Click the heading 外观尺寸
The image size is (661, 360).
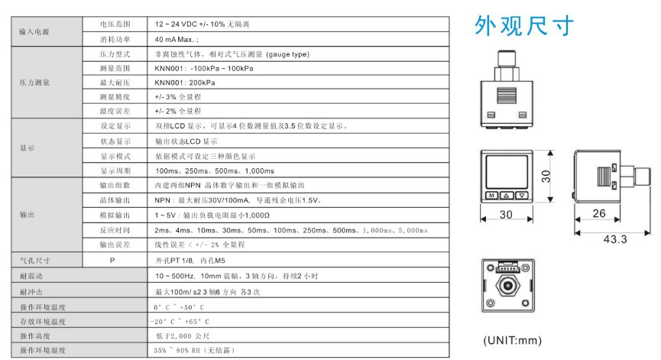pyautogui.click(x=524, y=26)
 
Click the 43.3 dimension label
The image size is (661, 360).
pyautogui.click(x=615, y=239)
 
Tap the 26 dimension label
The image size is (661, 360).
pyautogui.click(x=598, y=213)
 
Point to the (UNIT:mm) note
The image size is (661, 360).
pyautogui.click(x=512, y=340)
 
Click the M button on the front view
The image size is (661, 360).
pyautogui.click(x=492, y=195)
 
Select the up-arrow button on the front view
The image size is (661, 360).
pyautogui.click(x=507, y=195)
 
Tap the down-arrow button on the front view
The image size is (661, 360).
pyautogui.click(x=522, y=195)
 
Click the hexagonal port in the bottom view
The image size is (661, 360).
pyautogui.click(x=508, y=286)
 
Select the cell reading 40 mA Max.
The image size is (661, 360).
pyautogui.click(x=177, y=39)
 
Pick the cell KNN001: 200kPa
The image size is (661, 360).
pyautogui.click(x=185, y=83)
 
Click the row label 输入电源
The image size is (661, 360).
pyautogui.click(x=34, y=31)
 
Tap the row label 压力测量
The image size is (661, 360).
pyautogui.click(x=34, y=83)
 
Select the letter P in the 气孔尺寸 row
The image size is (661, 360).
pyautogui.click(x=112, y=261)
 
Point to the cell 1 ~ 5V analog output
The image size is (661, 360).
pyautogui.click(x=212, y=216)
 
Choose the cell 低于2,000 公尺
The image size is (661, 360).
pyautogui.click(x=183, y=336)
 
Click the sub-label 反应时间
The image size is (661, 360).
pyautogui.click(x=115, y=230)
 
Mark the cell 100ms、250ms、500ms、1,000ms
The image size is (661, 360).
pyautogui.click(x=215, y=170)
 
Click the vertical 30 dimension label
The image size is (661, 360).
pyautogui.click(x=546, y=177)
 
